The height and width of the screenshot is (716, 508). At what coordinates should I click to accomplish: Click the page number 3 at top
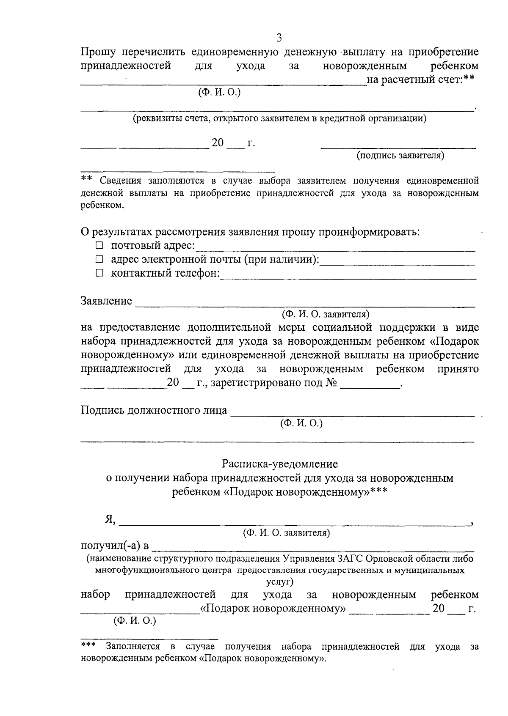pyautogui.click(x=279, y=38)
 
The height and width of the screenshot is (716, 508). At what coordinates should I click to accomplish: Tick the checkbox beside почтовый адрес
pyautogui.click(x=99, y=246)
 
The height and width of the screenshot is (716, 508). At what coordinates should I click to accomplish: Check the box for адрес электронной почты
pyautogui.click(x=99, y=260)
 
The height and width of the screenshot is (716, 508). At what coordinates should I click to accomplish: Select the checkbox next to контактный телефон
pyautogui.click(x=99, y=274)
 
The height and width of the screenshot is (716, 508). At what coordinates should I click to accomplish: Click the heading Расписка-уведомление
pyautogui.click(x=280, y=464)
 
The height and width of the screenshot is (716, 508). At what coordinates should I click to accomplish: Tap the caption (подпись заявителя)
pyautogui.click(x=400, y=156)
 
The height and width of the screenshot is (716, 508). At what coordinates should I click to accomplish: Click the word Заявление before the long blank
pyautogui.click(x=106, y=301)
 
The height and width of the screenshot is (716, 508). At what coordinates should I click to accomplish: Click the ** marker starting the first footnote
pyautogui.click(x=86, y=180)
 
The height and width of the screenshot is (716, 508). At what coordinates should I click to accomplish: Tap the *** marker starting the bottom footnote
pyautogui.click(x=88, y=645)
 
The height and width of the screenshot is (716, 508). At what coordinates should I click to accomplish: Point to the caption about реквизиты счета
pyautogui.click(x=280, y=118)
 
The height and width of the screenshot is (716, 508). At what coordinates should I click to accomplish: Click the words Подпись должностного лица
pyautogui.click(x=154, y=410)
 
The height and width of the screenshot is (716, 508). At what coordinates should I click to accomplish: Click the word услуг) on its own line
pyautogui.click(x=280, y=582)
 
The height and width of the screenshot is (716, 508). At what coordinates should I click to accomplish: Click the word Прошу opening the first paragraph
pyautogui.click(x=97, y=52)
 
